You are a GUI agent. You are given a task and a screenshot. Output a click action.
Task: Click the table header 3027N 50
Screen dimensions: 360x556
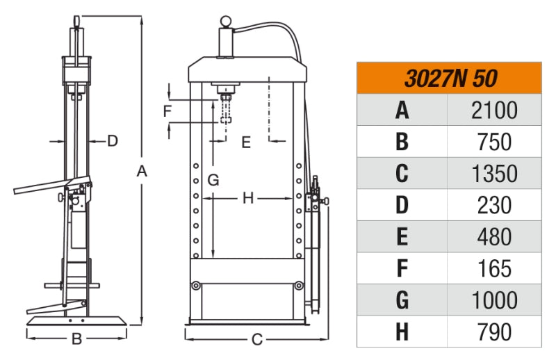450,78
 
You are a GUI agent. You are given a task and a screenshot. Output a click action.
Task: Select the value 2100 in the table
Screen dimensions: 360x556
494,110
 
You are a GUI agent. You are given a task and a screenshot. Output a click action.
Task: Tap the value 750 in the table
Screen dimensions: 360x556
494,142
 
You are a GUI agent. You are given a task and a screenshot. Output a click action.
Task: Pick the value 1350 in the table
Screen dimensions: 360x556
494,173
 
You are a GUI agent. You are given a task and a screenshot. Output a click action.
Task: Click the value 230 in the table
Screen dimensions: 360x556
494,205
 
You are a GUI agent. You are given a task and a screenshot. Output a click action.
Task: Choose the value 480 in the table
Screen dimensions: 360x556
494,237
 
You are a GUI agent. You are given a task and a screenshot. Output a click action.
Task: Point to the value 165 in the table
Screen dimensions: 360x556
494,268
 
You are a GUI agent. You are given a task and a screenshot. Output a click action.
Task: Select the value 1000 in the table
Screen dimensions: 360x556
494,300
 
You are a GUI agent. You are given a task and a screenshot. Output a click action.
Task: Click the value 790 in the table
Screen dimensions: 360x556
494,332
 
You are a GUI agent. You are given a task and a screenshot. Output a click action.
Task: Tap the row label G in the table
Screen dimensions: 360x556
402,300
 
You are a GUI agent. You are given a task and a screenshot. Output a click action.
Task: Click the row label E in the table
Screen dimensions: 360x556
402,237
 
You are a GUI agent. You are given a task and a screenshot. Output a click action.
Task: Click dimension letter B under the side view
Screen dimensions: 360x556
77,339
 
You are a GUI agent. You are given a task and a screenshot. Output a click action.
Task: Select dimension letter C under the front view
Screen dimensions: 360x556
256,340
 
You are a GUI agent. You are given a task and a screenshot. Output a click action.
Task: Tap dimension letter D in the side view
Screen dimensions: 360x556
112,140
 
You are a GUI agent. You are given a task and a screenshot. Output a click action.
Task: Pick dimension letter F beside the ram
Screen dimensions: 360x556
167,111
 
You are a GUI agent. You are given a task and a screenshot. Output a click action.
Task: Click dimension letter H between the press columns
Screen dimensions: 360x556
249,198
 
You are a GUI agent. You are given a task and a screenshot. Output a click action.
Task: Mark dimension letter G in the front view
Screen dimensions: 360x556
213,180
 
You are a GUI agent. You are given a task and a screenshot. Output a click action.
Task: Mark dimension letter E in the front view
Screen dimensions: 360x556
245,142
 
